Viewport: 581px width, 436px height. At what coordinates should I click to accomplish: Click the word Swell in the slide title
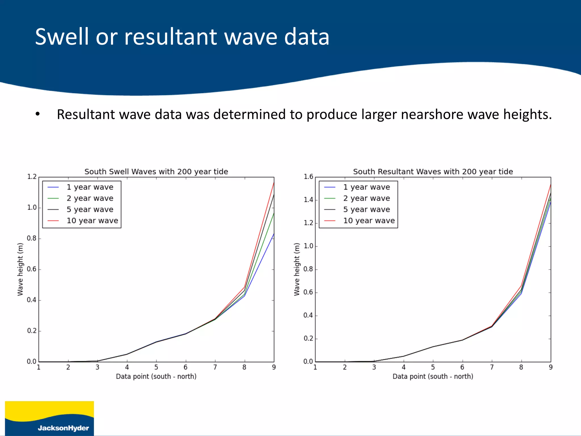(63, 37)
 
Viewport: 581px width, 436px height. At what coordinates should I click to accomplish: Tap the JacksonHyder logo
(49, 418)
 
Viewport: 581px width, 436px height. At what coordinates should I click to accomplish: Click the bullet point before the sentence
(38, 114)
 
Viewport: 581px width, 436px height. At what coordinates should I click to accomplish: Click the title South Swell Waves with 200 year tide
(156, 171)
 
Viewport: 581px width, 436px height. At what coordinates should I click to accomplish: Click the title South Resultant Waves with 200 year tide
(433, 171)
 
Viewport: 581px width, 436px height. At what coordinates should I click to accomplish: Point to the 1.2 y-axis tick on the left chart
(32, 177)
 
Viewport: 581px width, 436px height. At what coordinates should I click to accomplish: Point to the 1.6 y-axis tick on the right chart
(308, 177)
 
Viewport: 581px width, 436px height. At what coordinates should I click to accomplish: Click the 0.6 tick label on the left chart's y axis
(32, 269)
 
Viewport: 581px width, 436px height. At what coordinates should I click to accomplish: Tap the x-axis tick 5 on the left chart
(156, 367)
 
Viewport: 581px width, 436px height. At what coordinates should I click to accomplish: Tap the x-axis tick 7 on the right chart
(492, 367)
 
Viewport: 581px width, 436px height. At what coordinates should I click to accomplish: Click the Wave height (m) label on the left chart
(20, 269)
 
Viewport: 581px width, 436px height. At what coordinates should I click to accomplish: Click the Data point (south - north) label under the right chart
(433, 376)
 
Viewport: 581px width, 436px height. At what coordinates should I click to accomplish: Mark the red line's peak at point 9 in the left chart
(274, 183)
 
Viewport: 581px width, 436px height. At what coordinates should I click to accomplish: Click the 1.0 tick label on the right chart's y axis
(308, 246)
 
